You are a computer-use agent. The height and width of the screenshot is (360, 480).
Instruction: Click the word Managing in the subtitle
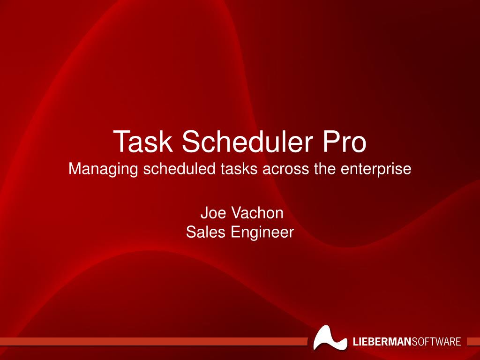(x=103, y=169)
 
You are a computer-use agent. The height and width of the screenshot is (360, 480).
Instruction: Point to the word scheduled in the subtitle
(x=180, y=168)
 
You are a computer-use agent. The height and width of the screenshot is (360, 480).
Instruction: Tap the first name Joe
(x=211, y=213)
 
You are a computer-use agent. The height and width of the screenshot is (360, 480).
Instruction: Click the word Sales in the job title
(x=204, y=232)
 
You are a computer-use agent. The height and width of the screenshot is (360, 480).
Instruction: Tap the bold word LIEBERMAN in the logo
(x=382, y=341)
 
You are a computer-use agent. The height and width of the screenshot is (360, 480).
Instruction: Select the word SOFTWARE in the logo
(x=436, y=341)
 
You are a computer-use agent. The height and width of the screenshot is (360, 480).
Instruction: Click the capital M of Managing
(x=75, y=168)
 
